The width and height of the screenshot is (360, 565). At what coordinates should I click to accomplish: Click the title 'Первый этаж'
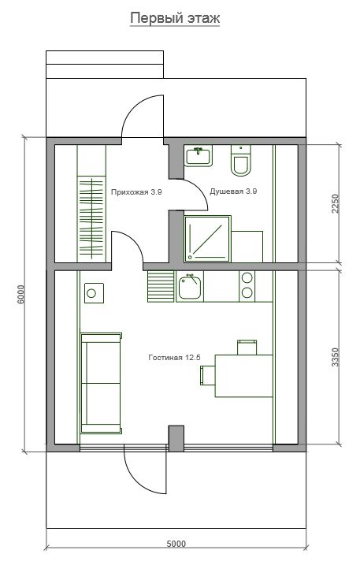175,18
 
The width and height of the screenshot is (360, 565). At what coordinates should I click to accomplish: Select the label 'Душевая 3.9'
233,191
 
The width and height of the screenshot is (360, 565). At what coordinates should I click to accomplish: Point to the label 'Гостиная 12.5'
174,358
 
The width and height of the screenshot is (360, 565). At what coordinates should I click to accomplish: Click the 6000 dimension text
21,295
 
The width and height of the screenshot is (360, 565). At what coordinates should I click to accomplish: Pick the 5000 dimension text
176,544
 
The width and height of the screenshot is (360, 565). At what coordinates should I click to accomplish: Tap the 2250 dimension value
335,204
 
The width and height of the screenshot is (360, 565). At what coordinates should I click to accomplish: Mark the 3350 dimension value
335,357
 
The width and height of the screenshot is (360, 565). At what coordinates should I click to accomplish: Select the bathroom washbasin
198,156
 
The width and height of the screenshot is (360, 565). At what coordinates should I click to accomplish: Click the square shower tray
207,239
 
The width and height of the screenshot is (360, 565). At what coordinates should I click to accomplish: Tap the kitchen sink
190,287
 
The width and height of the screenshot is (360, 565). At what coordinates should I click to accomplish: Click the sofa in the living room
101,383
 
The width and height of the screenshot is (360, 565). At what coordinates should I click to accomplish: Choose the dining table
243,376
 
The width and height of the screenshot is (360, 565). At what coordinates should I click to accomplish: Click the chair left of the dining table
208,375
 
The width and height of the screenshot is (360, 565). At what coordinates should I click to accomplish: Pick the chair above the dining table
247,348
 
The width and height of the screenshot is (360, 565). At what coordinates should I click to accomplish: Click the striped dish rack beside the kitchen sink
161,287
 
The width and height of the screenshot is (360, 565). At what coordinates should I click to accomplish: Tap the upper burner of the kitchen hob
247,277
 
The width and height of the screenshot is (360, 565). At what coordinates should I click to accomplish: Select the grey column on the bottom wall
176,438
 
